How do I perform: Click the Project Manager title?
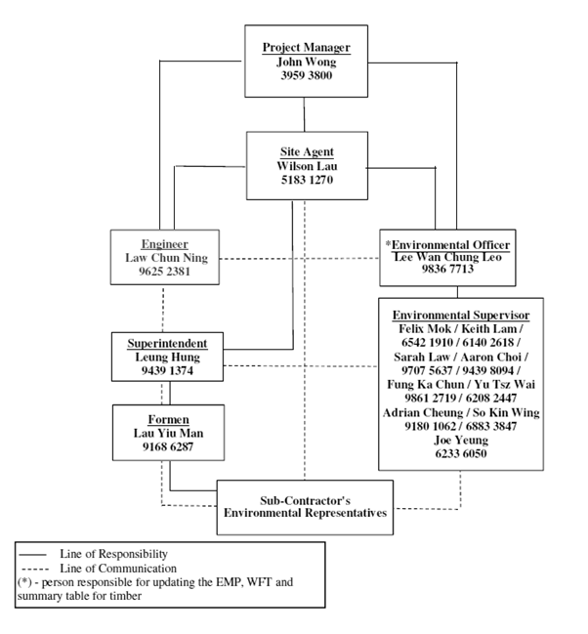306,47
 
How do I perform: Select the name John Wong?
306,61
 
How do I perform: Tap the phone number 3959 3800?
306,74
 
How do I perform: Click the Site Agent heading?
306,152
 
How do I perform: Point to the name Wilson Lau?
306,166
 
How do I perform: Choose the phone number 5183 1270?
306,180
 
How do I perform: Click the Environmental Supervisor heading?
461,317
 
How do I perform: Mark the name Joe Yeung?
461,440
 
